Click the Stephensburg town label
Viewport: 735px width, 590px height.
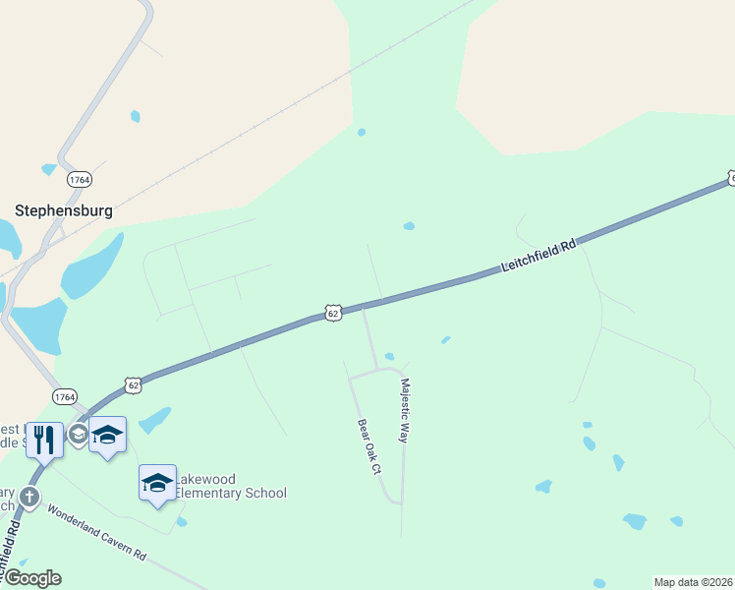coord(63,210)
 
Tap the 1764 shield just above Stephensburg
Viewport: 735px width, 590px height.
coord(79,180)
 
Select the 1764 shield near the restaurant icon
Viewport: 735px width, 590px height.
coord(64,396)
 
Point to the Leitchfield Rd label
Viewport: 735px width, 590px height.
coord(537,255)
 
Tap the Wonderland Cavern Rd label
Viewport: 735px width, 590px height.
coord(96,533)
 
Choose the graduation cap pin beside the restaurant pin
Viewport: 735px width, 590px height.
coord(107,434)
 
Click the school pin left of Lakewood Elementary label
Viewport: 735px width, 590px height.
coord(157,483)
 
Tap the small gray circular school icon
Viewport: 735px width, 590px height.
coord(78,433)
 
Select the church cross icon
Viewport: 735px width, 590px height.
coord(30,497)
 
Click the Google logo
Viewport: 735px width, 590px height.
coord(31,578)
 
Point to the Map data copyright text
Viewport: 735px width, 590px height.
coord(694,582)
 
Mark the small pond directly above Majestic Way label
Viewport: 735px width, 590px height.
coord(390,356)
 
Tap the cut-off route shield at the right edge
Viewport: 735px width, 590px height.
coord(731,177)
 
